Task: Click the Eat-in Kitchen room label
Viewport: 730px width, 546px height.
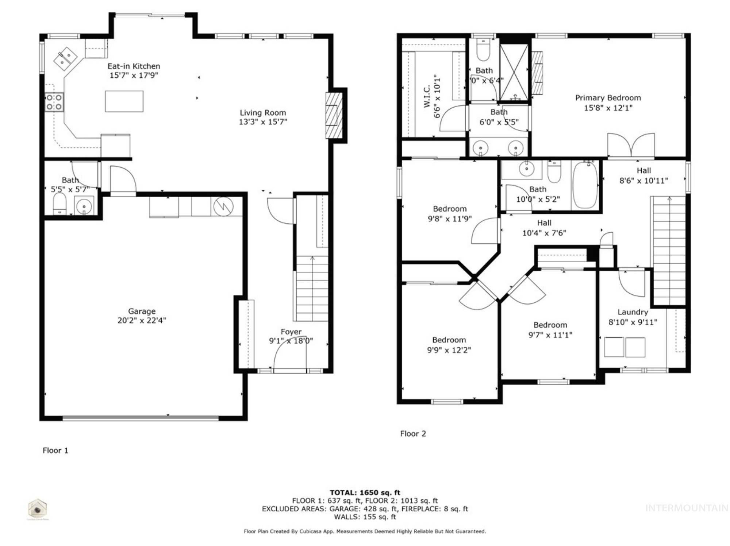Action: [x=134, y=66]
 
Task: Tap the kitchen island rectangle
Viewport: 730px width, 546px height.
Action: [x=124, y=101]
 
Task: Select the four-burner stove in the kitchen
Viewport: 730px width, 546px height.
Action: [x=54, y=102]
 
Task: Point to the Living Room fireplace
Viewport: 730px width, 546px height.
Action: [x=334, y=115]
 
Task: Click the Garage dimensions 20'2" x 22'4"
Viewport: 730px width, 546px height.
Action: [x=142, y=320]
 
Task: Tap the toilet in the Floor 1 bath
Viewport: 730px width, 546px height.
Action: [x=59, y=204]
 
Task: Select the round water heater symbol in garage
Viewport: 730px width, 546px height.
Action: [x=223, y=206]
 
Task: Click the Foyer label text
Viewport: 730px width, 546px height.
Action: [x=291, y=332]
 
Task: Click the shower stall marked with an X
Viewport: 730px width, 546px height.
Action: [x=514, y=72]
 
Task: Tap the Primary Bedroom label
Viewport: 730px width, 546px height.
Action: [x=608, y=98]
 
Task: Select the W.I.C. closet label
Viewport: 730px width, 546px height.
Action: [x=427, y=97]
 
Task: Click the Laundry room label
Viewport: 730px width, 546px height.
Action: [x=633, y=312]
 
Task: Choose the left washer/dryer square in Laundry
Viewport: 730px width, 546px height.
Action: [x=614, y=347]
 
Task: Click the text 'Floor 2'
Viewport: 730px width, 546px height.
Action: [x=413, y=434]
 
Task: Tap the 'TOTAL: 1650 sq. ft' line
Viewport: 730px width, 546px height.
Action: [x=365, y=492]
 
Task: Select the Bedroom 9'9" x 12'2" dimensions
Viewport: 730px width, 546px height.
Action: [x=449, y=350]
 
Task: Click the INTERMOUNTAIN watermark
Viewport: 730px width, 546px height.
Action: [x=686, y=508]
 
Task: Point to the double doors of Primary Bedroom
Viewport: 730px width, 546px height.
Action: [x=631, y=146]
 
